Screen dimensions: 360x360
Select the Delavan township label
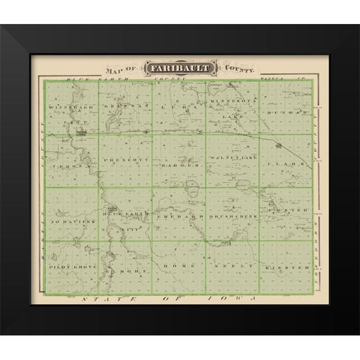point(128,107)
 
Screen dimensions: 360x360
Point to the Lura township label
point(179,108)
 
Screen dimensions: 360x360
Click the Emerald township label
point(180,213)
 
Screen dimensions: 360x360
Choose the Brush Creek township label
point(234,213)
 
